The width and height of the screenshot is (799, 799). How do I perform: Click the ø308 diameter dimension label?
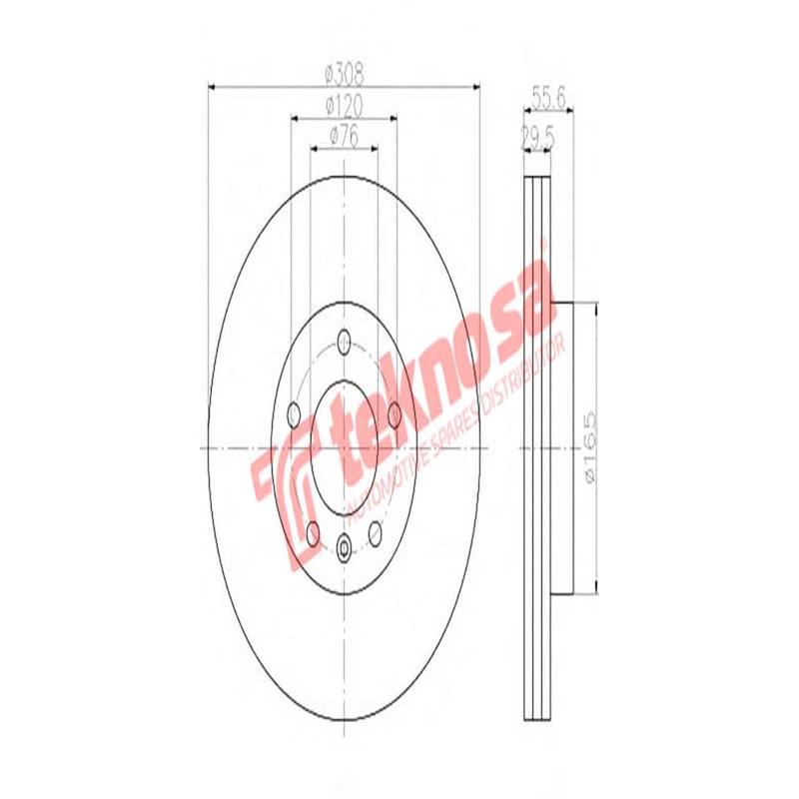click(344, 73)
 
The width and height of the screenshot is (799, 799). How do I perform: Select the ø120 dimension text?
click(344, 105)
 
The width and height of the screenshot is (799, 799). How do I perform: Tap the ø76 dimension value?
click(344, 136)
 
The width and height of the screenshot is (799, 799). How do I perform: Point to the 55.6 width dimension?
click(549, 97)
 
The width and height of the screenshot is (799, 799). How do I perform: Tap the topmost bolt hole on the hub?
click(345, 340)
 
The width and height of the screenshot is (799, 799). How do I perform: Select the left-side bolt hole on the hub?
click(294, 411)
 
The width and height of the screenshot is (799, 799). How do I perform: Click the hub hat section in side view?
click(559, 447)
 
